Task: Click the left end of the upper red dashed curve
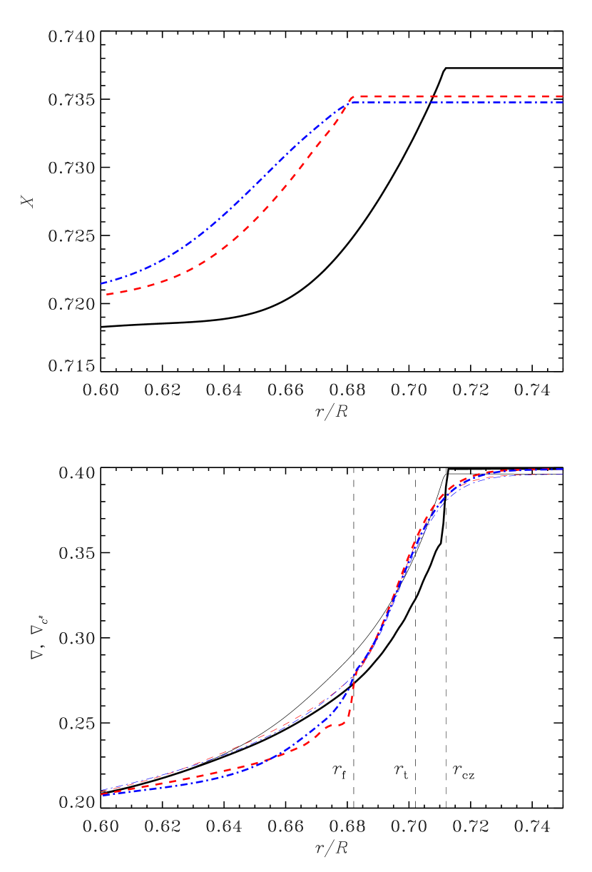pyautogui.click(x=107, y=293)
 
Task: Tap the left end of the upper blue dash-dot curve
pyautogui.click(x=102, y=283)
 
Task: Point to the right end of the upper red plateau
pyautogui.click(x=563, y=96)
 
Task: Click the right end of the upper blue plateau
pyautogui.click(x=563, y=102)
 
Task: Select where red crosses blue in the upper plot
pyautogui.click(x=347, y=103)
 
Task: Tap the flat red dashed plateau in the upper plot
pyautogui.click(x=464, y=96)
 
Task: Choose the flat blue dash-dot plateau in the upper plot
pyautogui.click(x=464, y=102)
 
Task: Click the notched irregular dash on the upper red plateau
pyautogui.click(x=433, y=96)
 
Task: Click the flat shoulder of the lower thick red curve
pyautogui.click(x=335, y=726)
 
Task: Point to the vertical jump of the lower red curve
pyautogui.click(x=350, y=703)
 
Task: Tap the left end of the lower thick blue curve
pyautogui.click(x=102, y=795)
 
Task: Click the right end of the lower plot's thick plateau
pyautogui.click(x=563, y=470)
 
